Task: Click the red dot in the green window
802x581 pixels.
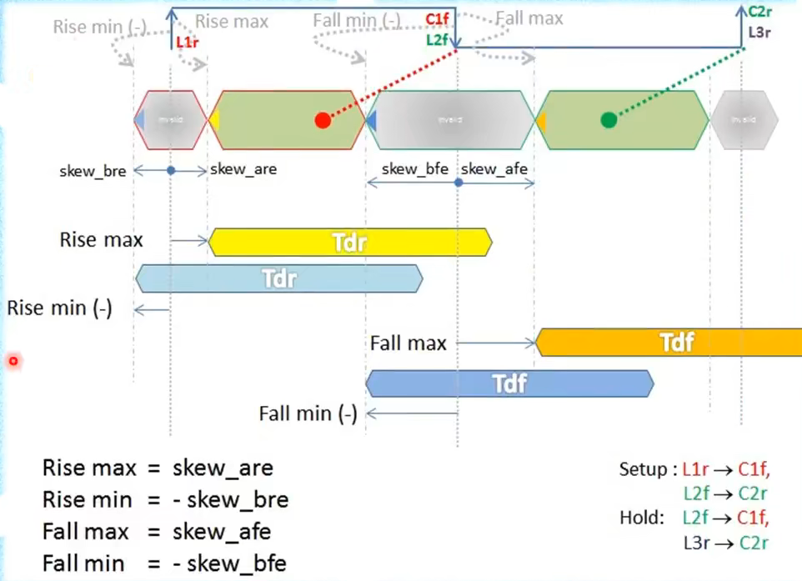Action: coord(323,120)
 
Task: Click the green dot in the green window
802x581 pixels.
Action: coord(609,120)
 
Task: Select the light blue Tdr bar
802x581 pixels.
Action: coord(278,278)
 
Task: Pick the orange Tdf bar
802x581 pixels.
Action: coord(675,342)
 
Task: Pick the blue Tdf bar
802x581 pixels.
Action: coord(509,383)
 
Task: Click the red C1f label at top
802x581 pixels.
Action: coord(436,19)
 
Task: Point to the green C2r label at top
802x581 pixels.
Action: coord(759,12)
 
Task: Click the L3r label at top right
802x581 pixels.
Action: coord(759,33)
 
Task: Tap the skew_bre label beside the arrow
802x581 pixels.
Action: coord(93,171)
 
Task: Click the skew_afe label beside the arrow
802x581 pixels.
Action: coord(494,169)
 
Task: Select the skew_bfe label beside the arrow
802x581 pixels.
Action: coord(415,169)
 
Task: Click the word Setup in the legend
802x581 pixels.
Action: coord(642,469)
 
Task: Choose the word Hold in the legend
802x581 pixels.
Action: coord(640,518)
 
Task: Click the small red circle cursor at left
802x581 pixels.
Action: coord(13,361)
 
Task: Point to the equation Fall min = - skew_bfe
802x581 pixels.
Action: coord(164,563)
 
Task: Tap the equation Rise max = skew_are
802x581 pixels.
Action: coord(158,467)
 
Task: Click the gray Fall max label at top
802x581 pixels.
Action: coord(529,18)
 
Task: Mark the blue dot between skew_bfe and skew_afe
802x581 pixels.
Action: coord(458,181)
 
